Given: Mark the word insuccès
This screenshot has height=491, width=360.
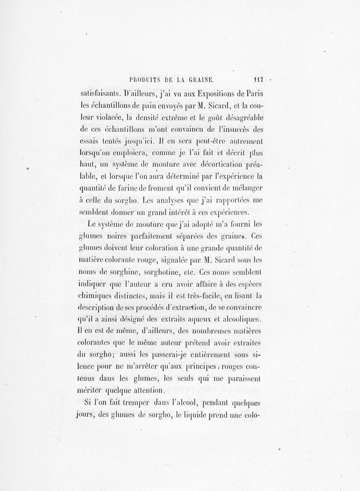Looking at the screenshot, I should click(230, 132).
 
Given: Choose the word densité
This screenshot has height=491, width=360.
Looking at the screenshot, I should click(174, 119).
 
